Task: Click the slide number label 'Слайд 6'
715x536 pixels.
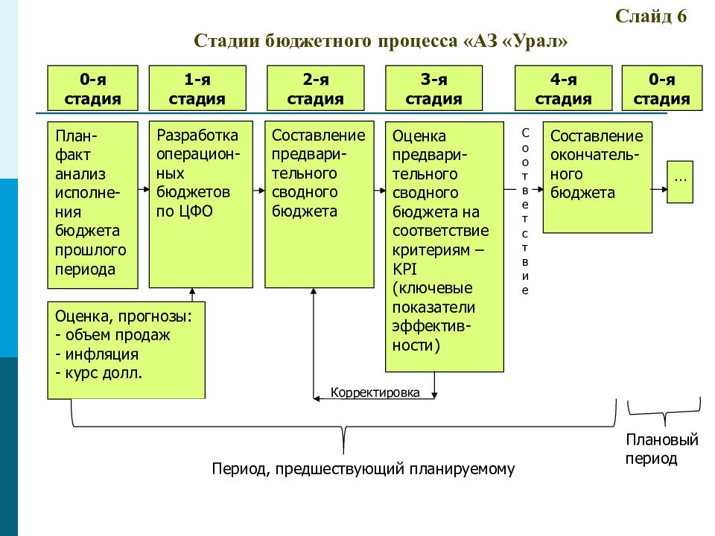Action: tap(651, 16)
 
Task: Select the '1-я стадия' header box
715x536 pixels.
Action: tap(197, 88)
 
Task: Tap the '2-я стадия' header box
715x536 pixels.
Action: tap(316, 88)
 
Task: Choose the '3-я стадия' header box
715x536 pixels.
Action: tap(433, 88)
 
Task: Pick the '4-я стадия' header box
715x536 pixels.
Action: tap(563, 88)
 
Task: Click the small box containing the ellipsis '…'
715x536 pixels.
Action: tap(680, 182)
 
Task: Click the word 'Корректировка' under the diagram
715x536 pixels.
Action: tap(375, 392)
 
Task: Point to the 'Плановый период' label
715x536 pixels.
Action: tap(661, 449)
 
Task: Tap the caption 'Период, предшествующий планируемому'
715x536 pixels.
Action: tap(363, 468)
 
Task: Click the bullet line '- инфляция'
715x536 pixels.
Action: tap(97, 354)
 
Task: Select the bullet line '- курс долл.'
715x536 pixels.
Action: tap(98, 373)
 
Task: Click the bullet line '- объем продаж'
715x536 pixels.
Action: tap(112, 335)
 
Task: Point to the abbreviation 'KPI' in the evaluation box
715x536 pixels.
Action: tap(404, 269)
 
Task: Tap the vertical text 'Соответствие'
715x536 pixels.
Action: tap(525, 211)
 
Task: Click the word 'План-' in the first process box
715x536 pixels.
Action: tap(76, 135)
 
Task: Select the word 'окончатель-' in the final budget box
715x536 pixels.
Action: tap(594, 156)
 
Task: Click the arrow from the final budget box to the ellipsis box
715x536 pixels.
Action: tap(659, 189)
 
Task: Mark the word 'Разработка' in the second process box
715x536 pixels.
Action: tap(197, 135)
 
